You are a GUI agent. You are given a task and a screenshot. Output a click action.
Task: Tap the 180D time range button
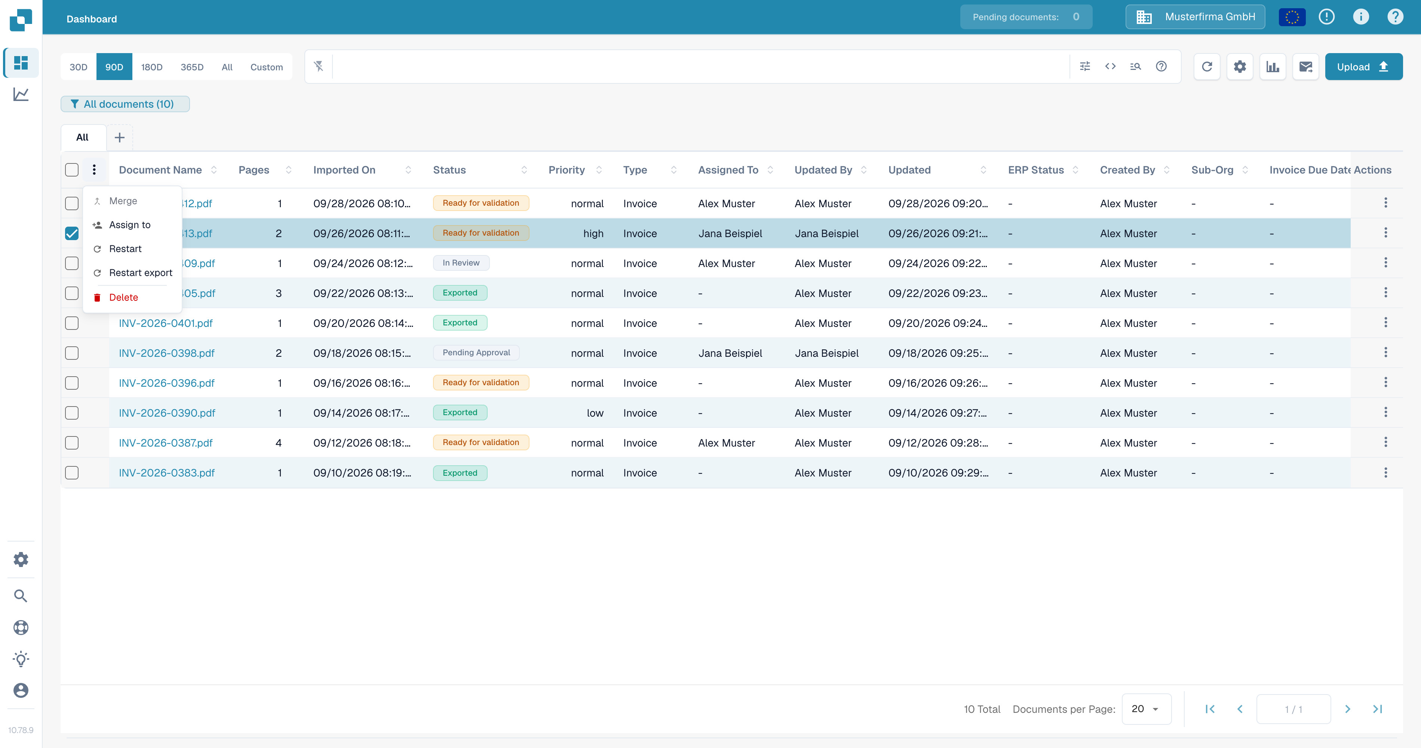[x=152, y=67]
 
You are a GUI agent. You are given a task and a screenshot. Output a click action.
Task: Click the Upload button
[x=1363, y=67]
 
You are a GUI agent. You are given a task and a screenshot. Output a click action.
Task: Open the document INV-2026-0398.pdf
[x=166, y=353]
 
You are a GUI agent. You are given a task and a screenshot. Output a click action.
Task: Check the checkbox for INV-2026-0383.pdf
[x=72, y=473]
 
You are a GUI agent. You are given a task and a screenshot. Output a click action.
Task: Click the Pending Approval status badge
[x=476, y=352]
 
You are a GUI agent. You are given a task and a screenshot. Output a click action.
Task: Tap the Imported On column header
[x=344, y=170]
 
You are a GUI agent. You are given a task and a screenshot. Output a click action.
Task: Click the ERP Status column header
[x=1035, y=170]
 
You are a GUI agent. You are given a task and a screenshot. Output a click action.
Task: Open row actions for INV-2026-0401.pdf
[x=1385, y=323]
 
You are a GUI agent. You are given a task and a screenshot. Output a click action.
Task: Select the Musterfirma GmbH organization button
[x=1195, y=17]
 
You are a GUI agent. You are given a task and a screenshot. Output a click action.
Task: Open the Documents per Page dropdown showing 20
[x=1146, y=709]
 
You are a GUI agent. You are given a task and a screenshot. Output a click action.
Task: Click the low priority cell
[x=595, y=413]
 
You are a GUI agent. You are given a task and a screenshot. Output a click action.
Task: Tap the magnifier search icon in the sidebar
[x=21, y=596]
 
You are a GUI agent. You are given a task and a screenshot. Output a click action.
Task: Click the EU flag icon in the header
[x=1292, y=17]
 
